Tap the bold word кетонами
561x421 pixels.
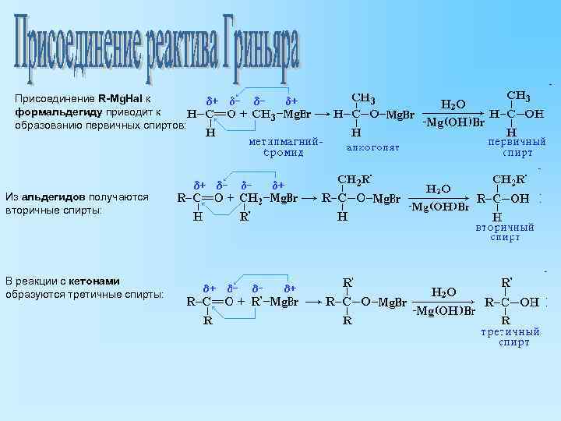pyautogui.click(x=93, y=280)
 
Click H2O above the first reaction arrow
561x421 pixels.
pyautogui.click(x=453, y=104)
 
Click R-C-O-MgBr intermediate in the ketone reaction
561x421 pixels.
pyautogui.click(x=366, y=302)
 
